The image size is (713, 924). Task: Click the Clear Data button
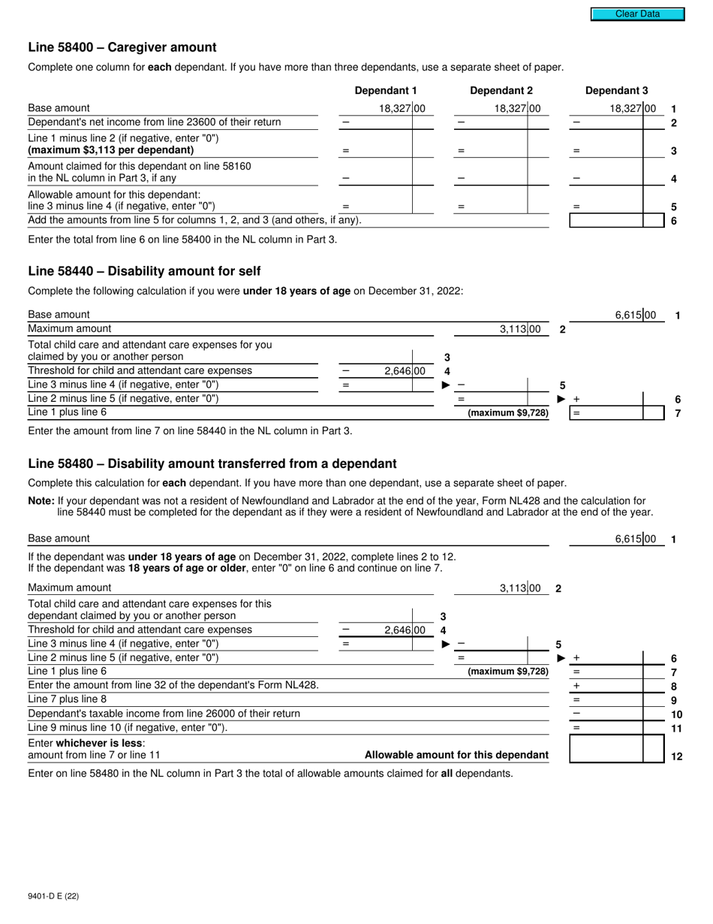click(x=637, y=14)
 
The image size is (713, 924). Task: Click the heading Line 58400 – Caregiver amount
click(x=122, y=47)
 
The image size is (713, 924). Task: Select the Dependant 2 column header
click(x=501, y=91)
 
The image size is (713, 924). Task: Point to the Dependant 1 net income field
click(x=387, y=122)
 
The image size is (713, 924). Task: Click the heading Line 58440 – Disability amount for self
click(x=144, y=271)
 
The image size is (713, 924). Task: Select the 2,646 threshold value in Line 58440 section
click(x=404, y=371)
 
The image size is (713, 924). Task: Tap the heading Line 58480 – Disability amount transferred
click(x=212, y=464)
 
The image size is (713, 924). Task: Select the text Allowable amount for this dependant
click(x=456, y=755)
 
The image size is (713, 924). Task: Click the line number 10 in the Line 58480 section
click(x=676, y=714)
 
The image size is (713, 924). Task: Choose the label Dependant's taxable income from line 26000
click(x=164, y=714)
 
